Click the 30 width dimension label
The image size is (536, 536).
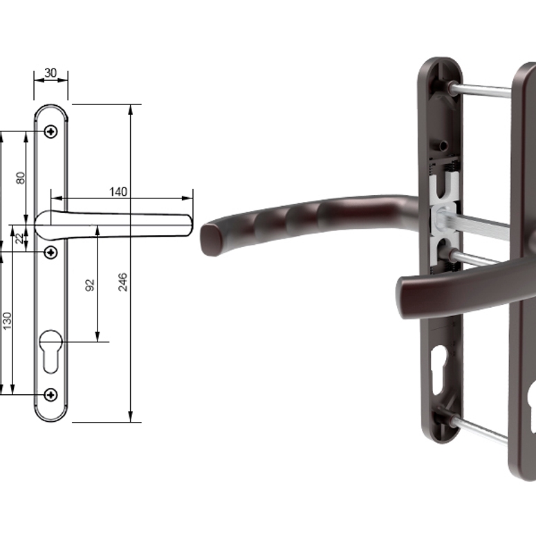50,73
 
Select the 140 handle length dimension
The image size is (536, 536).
118,192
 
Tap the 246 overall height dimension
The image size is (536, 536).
122,282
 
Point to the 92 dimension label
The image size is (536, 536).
89,285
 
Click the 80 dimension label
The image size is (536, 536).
21,178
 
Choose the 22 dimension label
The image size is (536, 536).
20,238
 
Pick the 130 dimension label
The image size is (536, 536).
7,321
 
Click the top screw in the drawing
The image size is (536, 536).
51,131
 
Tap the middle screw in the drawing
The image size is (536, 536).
51,252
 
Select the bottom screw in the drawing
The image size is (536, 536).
51,395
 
